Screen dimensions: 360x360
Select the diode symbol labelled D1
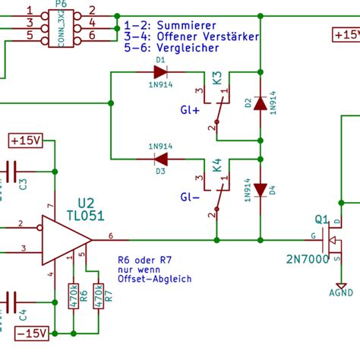pos(160,72)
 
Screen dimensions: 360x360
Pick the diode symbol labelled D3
pos(160,159)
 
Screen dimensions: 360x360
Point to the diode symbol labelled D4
pos(261,190)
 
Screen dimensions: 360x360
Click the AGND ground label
pos(340,292)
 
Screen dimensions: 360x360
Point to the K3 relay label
pos(217,77)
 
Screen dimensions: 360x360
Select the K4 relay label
pos(217,164)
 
